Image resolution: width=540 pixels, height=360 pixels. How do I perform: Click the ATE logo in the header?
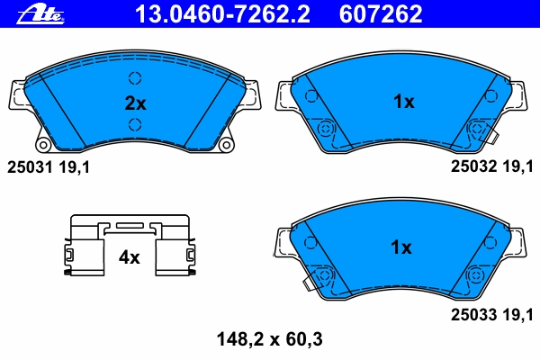pos(40,14)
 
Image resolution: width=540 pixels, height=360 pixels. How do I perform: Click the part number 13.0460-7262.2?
pos(222,13)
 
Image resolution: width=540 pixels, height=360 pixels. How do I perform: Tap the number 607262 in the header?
pos(381,13)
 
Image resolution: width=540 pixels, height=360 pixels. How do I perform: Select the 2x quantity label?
pos(135,103)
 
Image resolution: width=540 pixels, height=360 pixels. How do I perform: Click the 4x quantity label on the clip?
pos(129,257)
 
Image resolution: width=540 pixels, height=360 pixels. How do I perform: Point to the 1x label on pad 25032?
pos(403,102)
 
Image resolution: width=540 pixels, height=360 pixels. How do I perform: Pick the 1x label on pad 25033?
pos(401,247)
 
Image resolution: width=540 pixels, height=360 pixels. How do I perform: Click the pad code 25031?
pos(30,167)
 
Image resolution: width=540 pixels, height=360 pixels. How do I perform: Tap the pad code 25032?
pos(474,166)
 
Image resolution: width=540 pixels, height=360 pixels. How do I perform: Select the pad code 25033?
pos(474,314)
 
